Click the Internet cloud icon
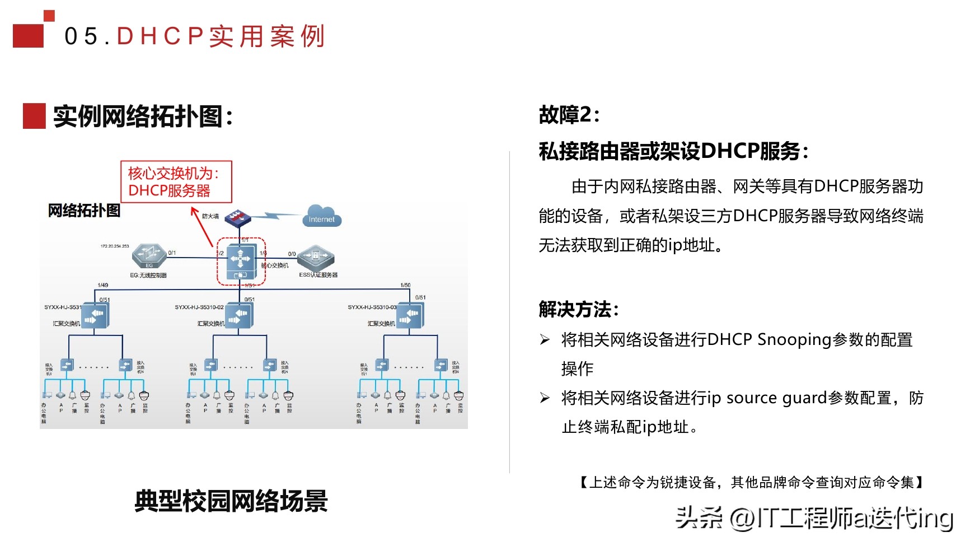click(321, 216)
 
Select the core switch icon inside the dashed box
click(241, 261)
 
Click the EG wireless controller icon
click(149, 256)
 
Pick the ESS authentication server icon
click(316, 258)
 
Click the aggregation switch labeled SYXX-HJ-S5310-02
click(241, 315)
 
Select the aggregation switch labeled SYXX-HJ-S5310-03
click(411, 315)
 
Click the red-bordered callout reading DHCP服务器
click(176, 182)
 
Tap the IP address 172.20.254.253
click(115, 246)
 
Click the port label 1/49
click(103, 285)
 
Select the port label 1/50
click(405, 285)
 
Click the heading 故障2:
click(569, 115)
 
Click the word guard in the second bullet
click(804, 398)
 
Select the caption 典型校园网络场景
click(231, 501)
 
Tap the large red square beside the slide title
click(28, 35)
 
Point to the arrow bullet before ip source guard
click(545, 398)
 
